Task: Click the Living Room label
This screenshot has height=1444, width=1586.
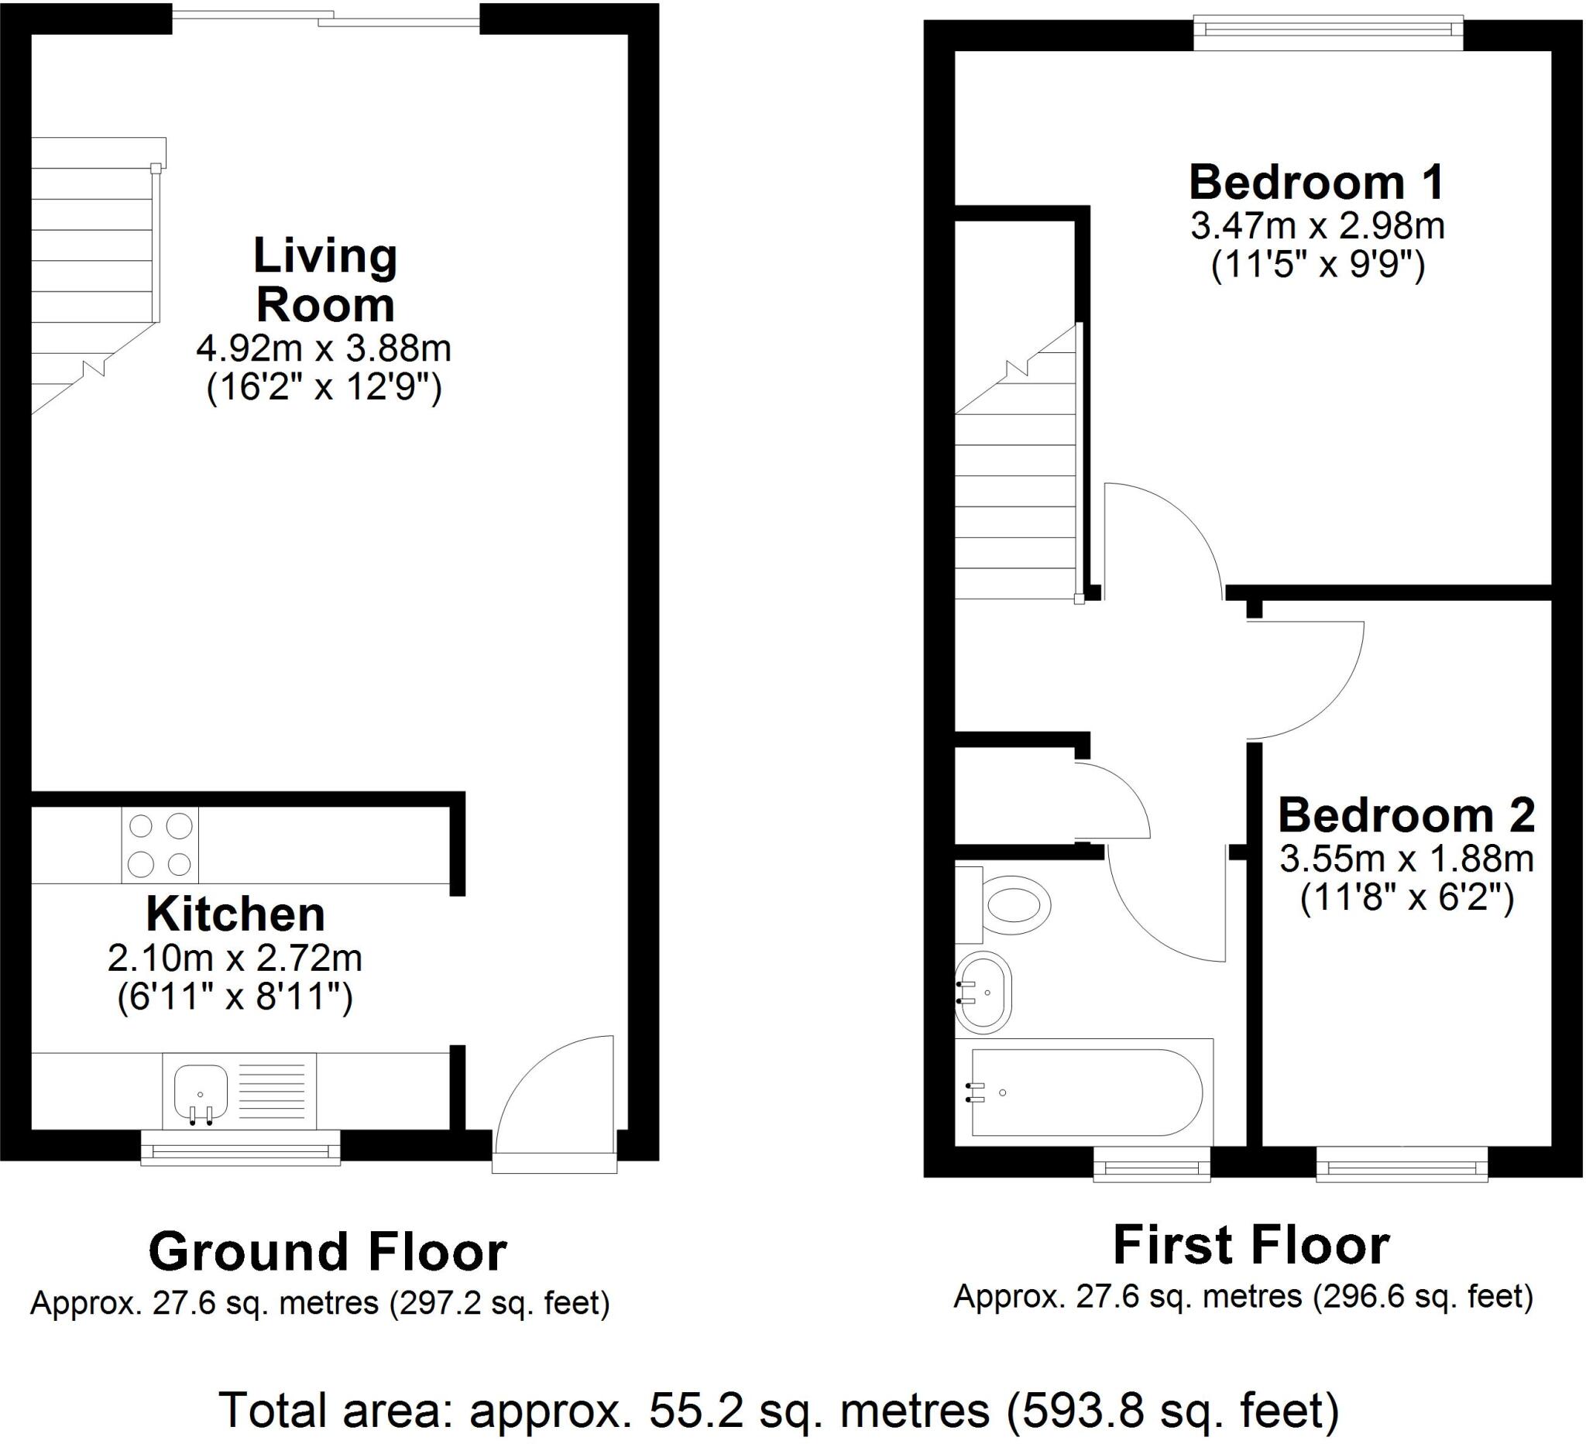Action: click(x=325, y=280)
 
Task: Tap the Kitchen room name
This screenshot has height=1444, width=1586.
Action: click(x=235, y=914)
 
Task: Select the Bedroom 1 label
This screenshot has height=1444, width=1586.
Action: click(x=1317, y=183)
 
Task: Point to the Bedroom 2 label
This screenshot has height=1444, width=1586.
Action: click(x=1406, y=815)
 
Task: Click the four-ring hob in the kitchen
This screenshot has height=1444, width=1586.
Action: click(x=160, y=845)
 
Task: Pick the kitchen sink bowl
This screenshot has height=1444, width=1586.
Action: click(x=201, y=1092)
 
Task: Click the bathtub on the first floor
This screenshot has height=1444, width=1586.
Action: click(x=1086, y=1092)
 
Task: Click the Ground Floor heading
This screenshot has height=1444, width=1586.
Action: click(x=328, y=1251)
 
